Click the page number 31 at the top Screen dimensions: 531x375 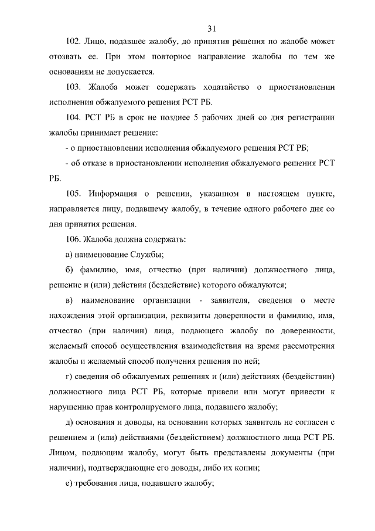(x=212, y=28)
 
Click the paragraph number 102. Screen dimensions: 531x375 (x=73, y=43)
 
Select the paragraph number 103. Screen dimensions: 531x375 (x=73, y=88)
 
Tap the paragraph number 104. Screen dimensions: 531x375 (x=73, y=118)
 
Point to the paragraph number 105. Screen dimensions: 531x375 (x=73, y=194)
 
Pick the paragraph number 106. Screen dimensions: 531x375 (x=73, y=239)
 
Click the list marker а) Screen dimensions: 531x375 (x=69, y=255)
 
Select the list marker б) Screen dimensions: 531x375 (x=69, y=270)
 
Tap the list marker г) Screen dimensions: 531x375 (x=68, y=376)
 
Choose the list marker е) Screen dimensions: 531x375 (x=68, y=483)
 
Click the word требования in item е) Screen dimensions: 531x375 (x=99, y=483)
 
